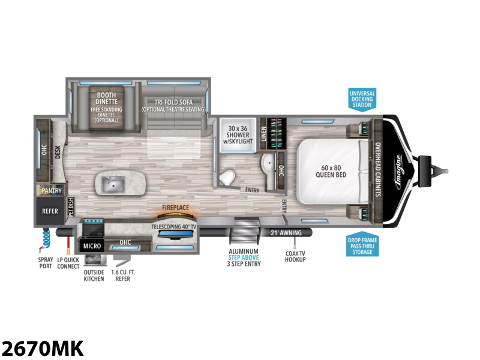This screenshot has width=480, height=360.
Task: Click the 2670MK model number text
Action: coord(43,347)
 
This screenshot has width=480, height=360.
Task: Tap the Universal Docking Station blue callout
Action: coord(362,99)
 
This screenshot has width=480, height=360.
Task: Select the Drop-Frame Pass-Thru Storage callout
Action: coord(362,246)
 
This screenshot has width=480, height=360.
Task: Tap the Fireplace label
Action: coord(174,208)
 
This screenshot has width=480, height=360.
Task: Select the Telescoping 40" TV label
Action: coord(174,227)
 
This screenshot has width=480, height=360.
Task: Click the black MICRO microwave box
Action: coord(92,246)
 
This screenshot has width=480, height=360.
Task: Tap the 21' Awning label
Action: coord(286,232)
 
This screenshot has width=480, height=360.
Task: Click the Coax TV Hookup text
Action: coord(295,255)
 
